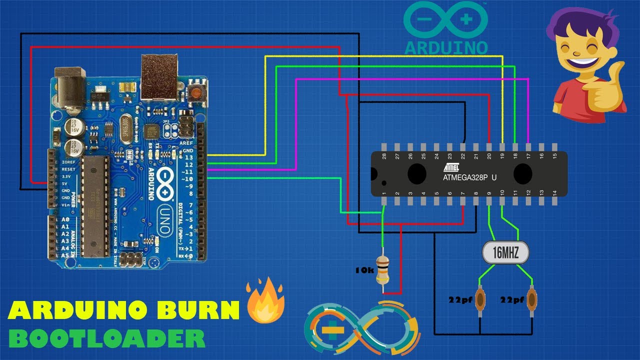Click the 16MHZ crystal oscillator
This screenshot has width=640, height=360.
505,252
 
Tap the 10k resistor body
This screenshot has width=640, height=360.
382,270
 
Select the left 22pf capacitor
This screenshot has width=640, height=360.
481,300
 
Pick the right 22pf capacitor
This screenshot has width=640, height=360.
533,300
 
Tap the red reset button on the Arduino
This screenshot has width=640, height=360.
196,92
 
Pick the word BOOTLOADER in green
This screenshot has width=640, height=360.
107,338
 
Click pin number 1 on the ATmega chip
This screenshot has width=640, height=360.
384,194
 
